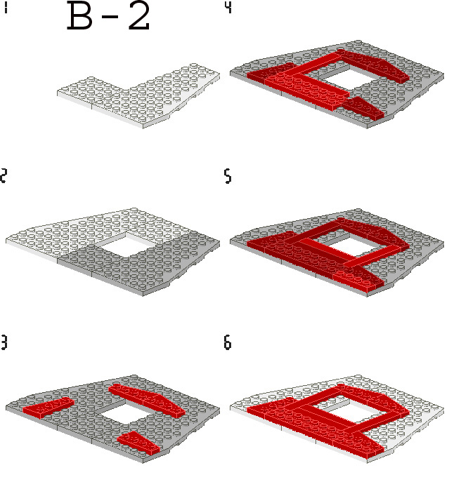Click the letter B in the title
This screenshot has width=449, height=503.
coord(80,16)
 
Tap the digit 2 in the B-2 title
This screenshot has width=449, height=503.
coord(139,16)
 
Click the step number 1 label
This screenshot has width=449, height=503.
coord(6,8)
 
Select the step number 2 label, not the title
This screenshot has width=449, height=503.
coord(4,175)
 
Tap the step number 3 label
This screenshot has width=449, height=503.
coord(4,342)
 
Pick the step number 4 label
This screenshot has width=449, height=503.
coord(228,8)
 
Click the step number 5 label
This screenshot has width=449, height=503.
coord(228,176)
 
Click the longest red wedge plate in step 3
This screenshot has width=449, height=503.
coord(147,400)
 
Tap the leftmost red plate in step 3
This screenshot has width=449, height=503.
coord(48,408)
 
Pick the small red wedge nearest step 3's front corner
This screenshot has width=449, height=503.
coord(138,443)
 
